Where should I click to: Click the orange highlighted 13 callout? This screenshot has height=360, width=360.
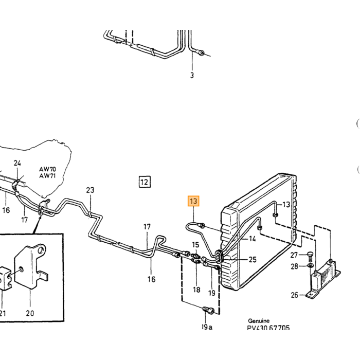coord(193,201)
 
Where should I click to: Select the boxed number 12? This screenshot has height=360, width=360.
coord(145,182)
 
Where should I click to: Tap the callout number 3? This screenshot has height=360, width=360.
coord(192,75)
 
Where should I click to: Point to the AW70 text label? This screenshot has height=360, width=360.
coord(47,169)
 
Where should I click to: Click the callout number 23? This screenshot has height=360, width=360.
coord(90,190)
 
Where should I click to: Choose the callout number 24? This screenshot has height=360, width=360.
coord(17,163)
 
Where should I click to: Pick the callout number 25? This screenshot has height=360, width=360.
coord(253,259)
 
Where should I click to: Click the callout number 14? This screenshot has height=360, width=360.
coord(253,239)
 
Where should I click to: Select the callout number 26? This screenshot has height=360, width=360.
coord(295,295)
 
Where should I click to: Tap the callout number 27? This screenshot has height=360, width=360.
coord(294,255)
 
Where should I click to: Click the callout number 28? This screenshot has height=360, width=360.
coord(294,266)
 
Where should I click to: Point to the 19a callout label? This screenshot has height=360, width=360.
coord(207,327)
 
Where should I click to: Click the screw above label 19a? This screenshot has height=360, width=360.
coord(208,311)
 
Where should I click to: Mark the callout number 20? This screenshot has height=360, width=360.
coord(30,313)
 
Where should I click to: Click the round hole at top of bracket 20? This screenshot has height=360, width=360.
coord(41,249)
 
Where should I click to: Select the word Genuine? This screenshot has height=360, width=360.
coord(259,321)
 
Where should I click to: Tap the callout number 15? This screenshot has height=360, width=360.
coord(195,245)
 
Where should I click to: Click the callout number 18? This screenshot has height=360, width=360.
coord(196,290)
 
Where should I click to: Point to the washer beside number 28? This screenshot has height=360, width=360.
coord(311,266)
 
